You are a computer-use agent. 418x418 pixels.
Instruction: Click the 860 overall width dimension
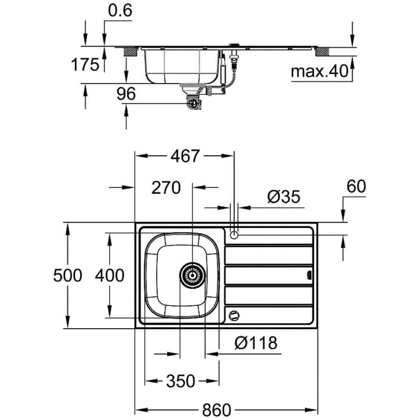coord(217,409)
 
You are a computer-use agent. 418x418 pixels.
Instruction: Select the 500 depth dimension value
coord(68,276)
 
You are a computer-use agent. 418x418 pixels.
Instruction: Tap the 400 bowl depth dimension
coord(109,276)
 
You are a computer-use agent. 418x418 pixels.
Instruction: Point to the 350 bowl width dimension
coord(181,380)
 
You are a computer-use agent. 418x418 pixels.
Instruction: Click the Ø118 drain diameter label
coord(255,342)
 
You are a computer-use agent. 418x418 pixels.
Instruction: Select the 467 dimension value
coord(184,155)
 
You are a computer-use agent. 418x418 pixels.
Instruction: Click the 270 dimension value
coord(165,187)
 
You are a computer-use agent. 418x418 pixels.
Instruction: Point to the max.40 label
coord(319,72)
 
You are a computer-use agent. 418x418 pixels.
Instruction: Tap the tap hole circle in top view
coord(234,234)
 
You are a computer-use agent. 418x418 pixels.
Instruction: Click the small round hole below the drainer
coord(233,316)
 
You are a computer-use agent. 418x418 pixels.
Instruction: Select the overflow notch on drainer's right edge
coord(309,275)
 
